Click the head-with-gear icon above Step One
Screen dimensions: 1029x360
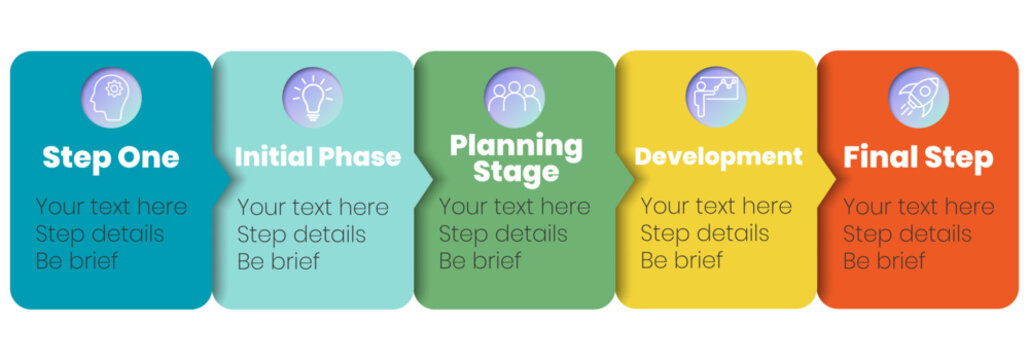(x=111, y=97)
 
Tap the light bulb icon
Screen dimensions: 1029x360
(x=312, y=97)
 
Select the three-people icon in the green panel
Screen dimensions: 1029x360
(x=514, y=97)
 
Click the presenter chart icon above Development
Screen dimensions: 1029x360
(x=716, y=97)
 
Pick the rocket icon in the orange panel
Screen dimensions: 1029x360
(x=918, y=97)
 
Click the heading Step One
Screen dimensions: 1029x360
(x=111, y=157)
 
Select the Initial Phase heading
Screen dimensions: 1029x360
(x=317, y=157)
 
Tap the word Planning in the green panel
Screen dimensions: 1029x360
(x=515, y=145)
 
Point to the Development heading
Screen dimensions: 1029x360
(x=718, y=157)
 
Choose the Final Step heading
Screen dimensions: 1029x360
(x=918, y=157)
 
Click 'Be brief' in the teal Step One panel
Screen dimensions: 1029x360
(x=76, y=262)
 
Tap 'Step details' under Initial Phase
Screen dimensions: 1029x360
(x=301, y=235)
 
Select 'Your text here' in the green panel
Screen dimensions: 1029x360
(x=514, y=207)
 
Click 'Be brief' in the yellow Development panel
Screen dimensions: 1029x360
(x=681, y=262)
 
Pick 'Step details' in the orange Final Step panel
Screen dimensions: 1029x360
(x=907, y=235)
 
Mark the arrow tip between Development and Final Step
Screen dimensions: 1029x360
(x=831, y=179)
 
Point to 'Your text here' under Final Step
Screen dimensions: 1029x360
(x=918, y=207)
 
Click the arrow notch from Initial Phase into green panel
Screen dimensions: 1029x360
(x=427, y=179)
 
